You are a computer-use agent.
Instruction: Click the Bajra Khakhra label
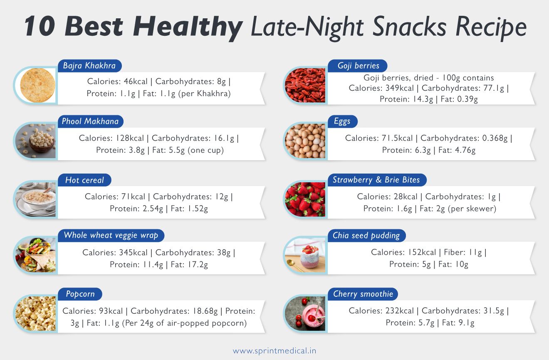[x=89, y=66]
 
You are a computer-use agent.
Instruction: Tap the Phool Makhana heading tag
[x=90, y=122]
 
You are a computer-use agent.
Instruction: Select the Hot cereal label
[x=84, y=180]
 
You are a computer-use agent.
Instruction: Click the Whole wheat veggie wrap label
[x=111, y=235]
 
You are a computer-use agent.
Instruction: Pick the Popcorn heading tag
[x=80, y=294]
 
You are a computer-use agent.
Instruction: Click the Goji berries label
[x=359, y=66]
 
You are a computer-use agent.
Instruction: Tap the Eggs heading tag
[x=342, y=122]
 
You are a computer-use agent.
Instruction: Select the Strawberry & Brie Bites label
[x=376, y=180]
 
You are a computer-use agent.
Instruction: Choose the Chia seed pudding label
[x=366, y=236]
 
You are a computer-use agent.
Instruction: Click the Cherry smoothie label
[x=363, y=294]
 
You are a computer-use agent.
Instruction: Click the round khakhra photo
[x=37, y=85]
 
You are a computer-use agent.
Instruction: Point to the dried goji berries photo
[x=305, y=85]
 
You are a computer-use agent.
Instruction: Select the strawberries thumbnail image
[x=305, y=199]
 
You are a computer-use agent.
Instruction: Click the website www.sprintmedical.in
[x=274, y=351]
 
